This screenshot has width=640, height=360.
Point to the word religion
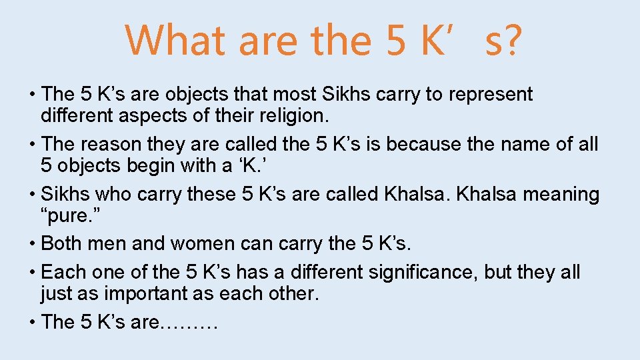pos(291,117)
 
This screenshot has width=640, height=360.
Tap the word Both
pos(61,244)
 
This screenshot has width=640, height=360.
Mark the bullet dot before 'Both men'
pos(33,244)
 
